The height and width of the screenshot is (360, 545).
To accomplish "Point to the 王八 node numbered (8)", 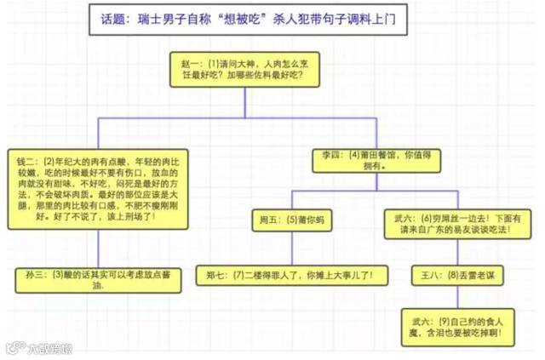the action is (450, 275).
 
